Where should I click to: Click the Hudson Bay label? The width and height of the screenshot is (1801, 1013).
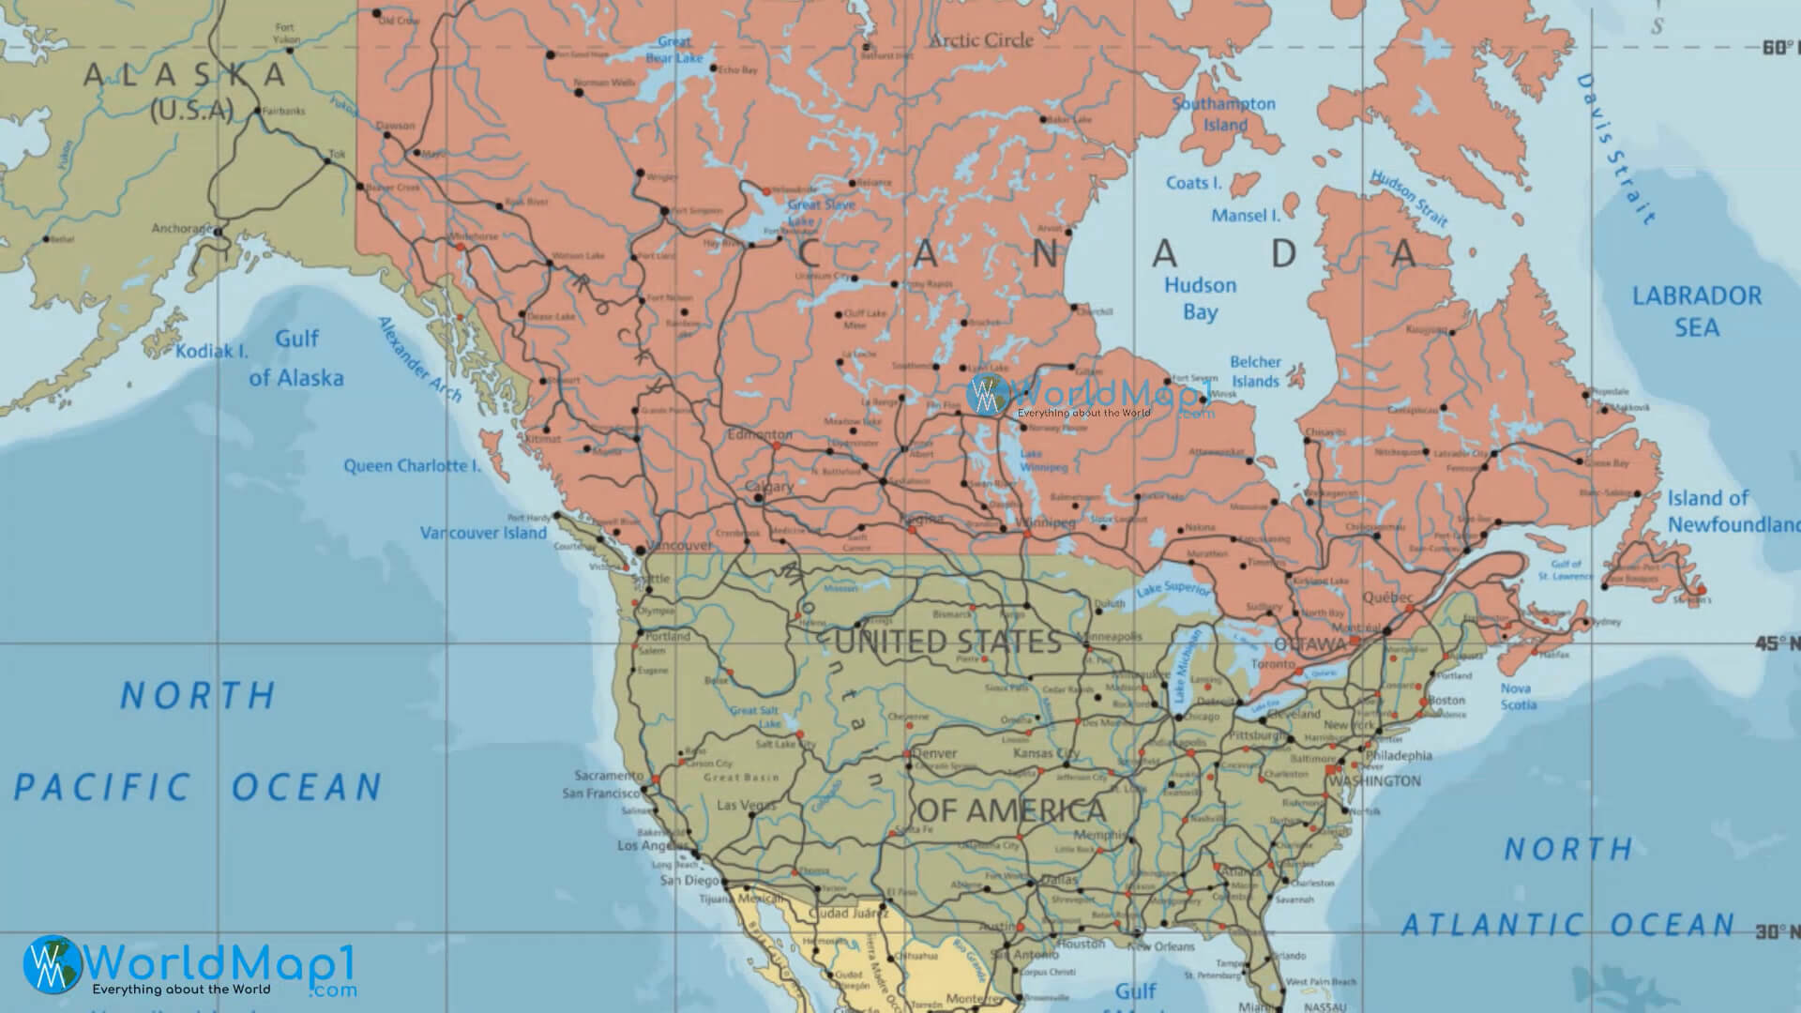coord(1200,298)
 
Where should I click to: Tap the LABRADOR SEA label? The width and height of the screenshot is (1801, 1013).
coord(1697,311)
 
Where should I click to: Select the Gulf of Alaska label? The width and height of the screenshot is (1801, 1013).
coord(296,358)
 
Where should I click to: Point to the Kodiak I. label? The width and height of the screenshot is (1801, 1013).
coord(212,352)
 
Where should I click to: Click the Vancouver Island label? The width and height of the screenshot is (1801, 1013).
coord(483,533)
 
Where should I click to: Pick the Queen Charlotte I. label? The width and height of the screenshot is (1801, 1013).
coord(412,465)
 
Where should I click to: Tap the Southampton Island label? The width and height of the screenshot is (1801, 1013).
coord(1224,114)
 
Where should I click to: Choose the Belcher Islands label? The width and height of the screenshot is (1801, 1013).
coord(1256,371)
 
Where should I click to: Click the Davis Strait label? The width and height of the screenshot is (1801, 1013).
coord(1615,148)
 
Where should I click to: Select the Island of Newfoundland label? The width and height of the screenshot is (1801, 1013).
coord(1731,511)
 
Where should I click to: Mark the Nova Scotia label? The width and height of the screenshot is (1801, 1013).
coord(1516,696)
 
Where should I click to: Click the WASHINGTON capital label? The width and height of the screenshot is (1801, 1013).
coord(1375,780)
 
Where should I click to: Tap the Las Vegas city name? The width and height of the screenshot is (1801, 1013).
coord(746,805)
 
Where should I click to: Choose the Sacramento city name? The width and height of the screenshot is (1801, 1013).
coord(609,776)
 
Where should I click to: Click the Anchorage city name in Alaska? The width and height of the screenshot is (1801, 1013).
coord(182,229)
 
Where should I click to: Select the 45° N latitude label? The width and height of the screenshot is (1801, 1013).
coord(1777,643)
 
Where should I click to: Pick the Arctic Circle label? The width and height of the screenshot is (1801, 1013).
coord(980,40)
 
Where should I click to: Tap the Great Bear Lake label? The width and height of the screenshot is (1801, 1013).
coord(673,50)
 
